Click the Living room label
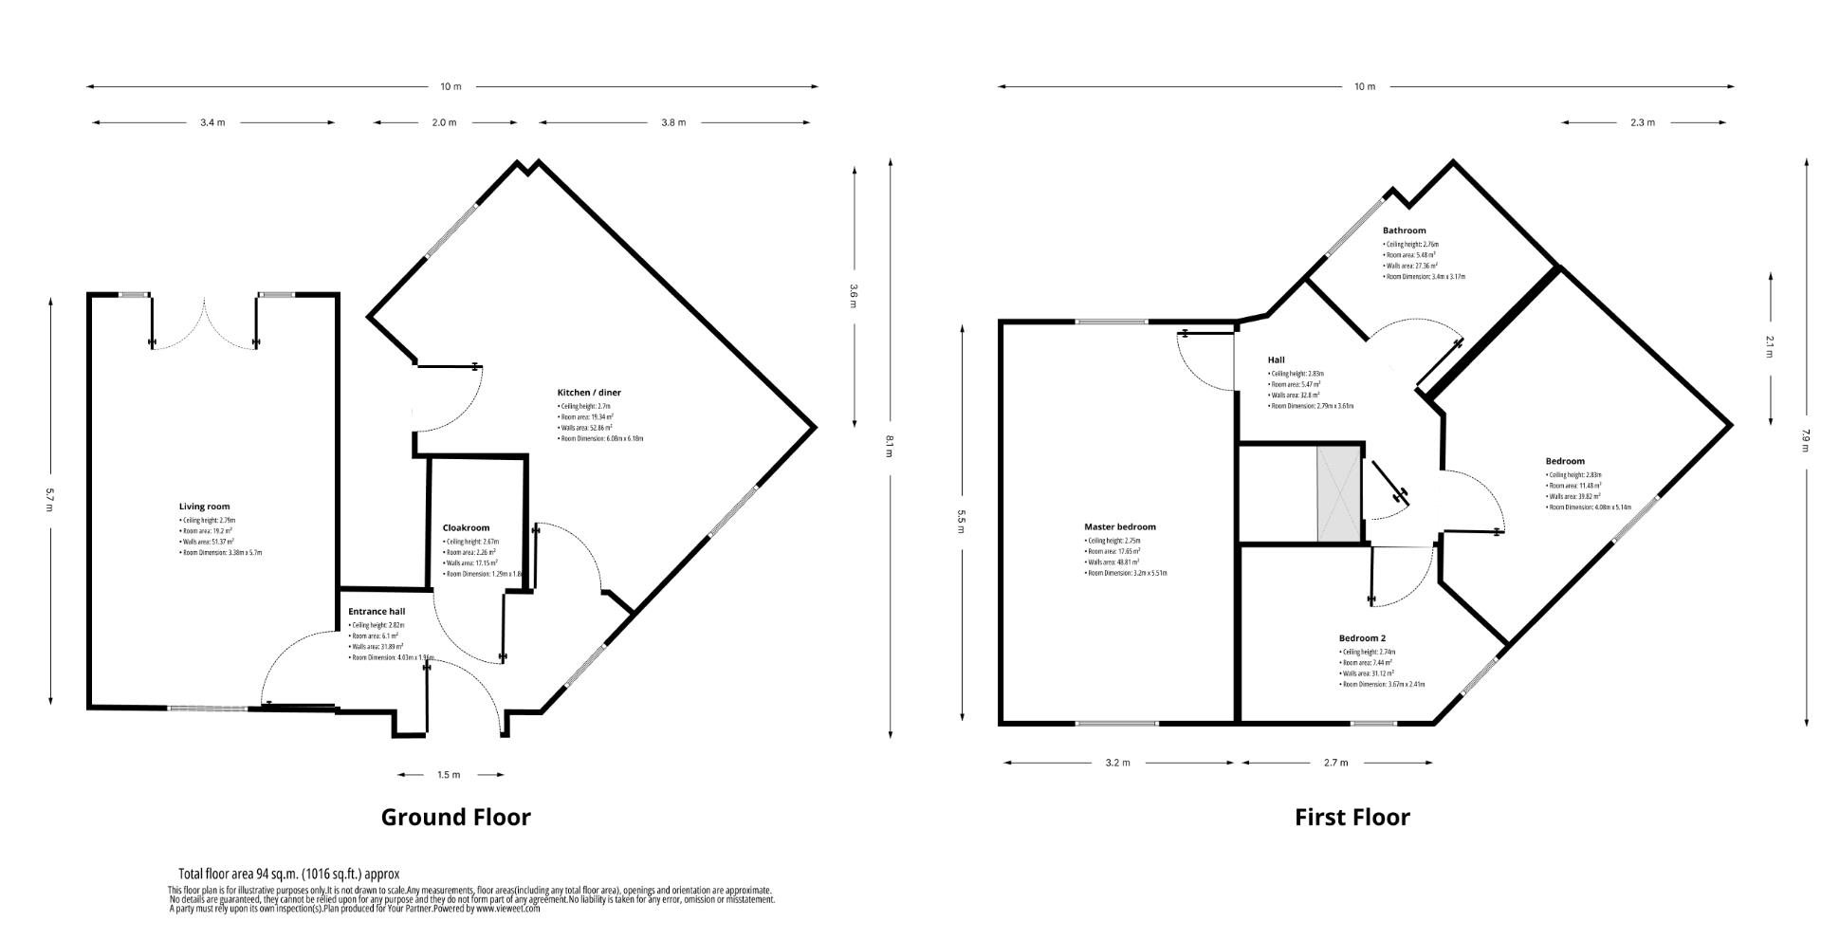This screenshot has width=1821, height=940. click(x=204, y=507)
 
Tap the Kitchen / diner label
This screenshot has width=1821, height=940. click(x=589, y=392)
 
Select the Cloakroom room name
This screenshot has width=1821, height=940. click(x=466, y=527)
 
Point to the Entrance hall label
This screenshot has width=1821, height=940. click(x=377, y=611)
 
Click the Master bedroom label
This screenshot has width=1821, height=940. click(x=1120, y=526)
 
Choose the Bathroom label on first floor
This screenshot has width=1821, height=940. click(x=1404, y=230)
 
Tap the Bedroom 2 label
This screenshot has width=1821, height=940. click(x=1362, y=638)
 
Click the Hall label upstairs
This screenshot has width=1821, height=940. click(x=1276, y=359)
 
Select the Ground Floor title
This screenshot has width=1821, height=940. click(x=455, y=817)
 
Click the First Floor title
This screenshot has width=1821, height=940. click(x=1352, y=817)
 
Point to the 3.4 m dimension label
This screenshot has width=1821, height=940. click(x=212, y=122)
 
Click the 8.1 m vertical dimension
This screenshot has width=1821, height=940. click(x=889, y=446)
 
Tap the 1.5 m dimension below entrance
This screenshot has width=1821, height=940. click(x=449, y=775)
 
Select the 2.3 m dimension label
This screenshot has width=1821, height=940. click(x=1643, y=122)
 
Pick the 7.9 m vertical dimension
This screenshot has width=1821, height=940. click(x=1806, y=440)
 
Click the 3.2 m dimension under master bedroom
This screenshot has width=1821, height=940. click(x=1118, y=763)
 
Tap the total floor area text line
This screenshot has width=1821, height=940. click(x=288, y=874)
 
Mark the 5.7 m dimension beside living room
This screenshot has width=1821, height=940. click(x=50, y=500)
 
